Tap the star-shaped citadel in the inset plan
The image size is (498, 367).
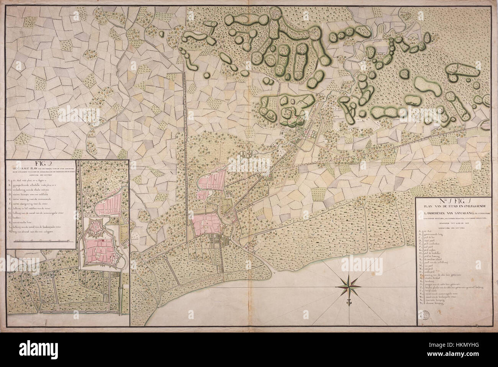[x=94, y=228]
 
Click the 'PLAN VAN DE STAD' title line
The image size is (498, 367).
[x=454, y=208]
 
